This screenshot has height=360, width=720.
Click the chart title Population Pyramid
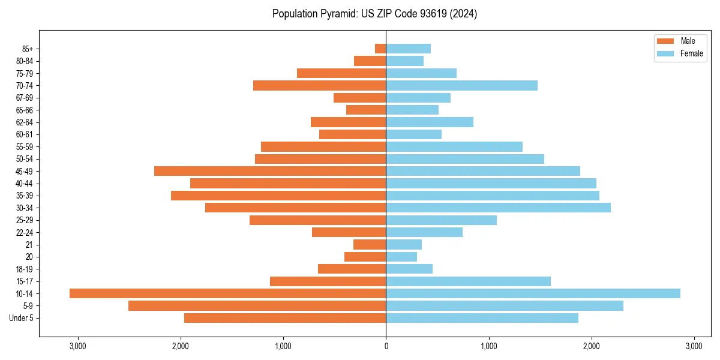[x=374, y=14]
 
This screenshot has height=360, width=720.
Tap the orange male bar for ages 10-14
[x=228, y=293]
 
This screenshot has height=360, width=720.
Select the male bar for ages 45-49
[x=270, y=171]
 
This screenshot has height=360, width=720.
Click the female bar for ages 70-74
[x=461, y=85]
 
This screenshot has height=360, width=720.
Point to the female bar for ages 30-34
[x=498, y=208]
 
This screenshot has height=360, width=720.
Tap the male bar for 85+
[x=380, y=49]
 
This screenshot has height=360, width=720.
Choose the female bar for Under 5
[x=482, y=318]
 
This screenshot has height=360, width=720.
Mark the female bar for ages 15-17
[x=468, y=281]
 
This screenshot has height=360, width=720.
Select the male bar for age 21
[x=370, y=244]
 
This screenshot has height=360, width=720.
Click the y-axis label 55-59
[x=25, y=146]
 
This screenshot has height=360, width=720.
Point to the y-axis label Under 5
[x=22, y=318]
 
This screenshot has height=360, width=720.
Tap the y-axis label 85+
[x=28, y=49]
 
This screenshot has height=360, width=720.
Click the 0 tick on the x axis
[x=386, y=346]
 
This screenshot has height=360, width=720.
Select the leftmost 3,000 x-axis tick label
[x=78, y=346]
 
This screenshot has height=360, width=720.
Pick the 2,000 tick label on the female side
[x=592, y=346]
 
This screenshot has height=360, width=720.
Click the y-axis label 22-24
[x=25, y=232]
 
